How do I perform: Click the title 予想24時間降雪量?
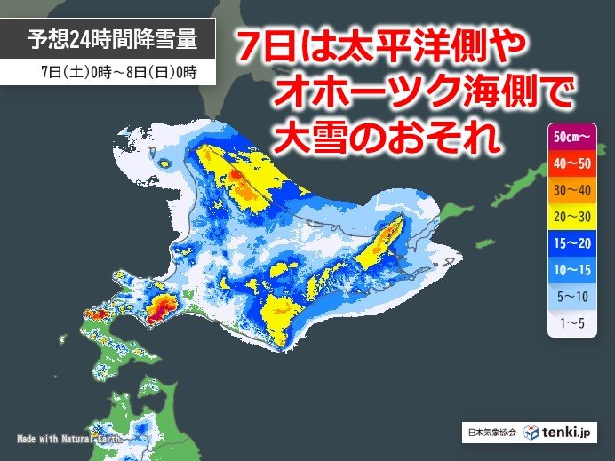point(109,39)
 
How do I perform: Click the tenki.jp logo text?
point(572,432)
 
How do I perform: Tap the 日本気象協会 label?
point(491,433)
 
